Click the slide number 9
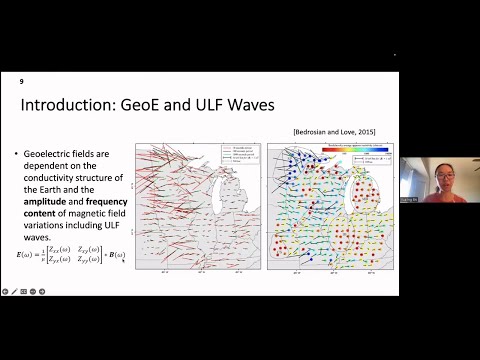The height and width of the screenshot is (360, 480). coord(23,78)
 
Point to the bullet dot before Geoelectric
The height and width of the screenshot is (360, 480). coord(18,153)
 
